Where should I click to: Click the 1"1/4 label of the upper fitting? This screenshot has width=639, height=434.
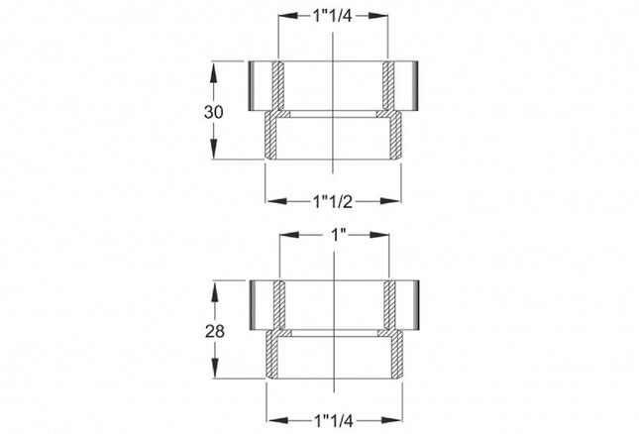click(333, 15)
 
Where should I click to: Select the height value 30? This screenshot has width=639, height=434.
click(214, 112)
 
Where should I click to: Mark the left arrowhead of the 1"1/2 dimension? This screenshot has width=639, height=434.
click(274, 201)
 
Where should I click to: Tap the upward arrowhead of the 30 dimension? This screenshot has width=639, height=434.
click(214, 69)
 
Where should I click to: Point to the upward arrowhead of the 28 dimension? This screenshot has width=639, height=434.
click(214, 288)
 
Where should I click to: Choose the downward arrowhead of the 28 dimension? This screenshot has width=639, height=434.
click(214, 373)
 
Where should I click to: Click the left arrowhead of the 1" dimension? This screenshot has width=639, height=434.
click(289, 236)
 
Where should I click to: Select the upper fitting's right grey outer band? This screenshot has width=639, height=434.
click(408, 85)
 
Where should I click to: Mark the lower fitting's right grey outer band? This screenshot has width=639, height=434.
click(408, 304)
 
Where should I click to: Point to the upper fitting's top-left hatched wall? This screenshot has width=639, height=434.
click(278, 85)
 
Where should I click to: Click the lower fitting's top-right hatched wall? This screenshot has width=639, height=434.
click(388, 304)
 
